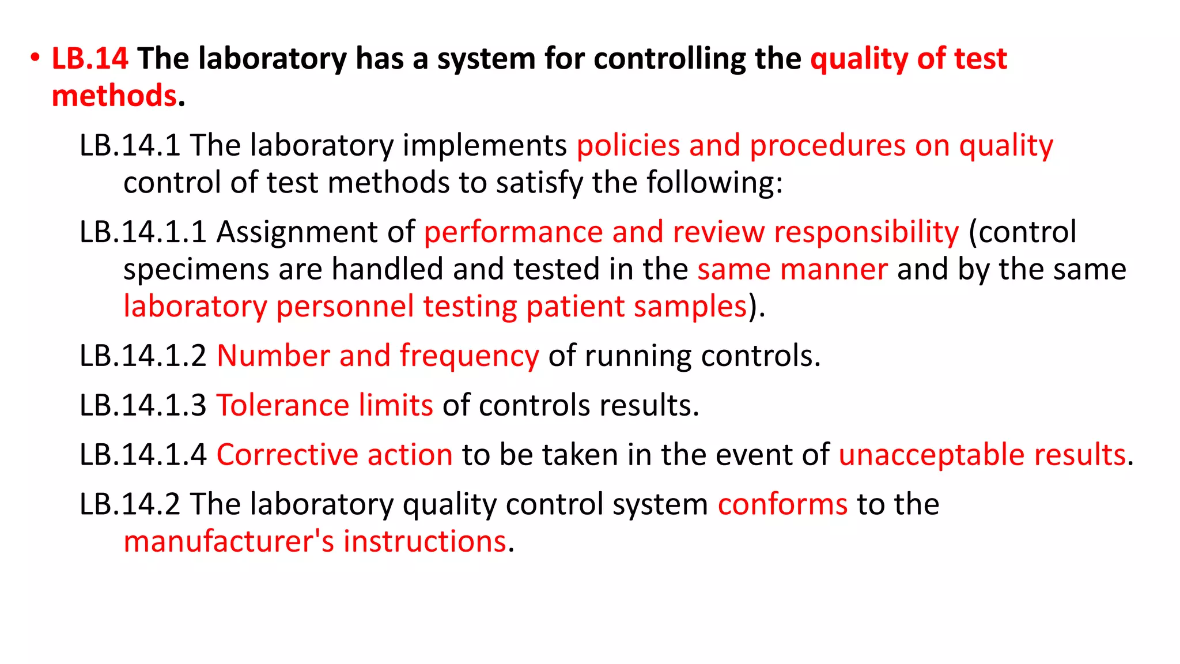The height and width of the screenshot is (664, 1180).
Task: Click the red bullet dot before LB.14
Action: pos(35,58)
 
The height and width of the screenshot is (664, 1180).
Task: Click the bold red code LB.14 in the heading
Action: pos(90,59)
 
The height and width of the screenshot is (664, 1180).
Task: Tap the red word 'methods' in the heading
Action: pos(114,96)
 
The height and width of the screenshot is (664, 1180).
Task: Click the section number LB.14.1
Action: pos(130,145)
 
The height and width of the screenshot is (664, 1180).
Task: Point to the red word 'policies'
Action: pos(628,145)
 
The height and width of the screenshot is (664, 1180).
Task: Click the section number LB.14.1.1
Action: pos(143,232)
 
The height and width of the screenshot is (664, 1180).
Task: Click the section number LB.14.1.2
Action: pos(143,356)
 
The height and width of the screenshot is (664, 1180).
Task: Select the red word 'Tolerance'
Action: pos(282,405)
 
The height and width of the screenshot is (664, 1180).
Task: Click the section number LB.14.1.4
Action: pos(143,455)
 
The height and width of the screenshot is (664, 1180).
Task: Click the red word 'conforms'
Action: pos(782,504)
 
